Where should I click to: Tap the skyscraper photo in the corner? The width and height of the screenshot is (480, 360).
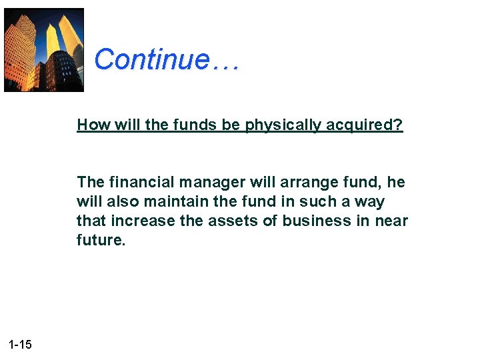pyautogui.click(x=44, y=49)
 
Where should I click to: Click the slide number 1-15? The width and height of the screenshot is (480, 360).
pyautogui.click(x=21, y=344)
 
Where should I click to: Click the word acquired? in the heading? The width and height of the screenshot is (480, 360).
pyautogui.click(x=371, y=125)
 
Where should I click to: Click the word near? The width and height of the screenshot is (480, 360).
pyautogui.click(x=392, y=221)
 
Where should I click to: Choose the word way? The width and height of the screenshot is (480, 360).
pyautogui.click(x=371, y=201)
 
